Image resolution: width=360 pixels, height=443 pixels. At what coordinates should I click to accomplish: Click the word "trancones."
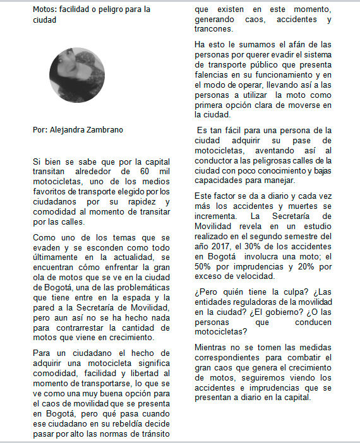[x=214, y=29]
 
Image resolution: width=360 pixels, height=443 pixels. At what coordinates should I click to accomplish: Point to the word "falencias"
[x=213, y=74]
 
